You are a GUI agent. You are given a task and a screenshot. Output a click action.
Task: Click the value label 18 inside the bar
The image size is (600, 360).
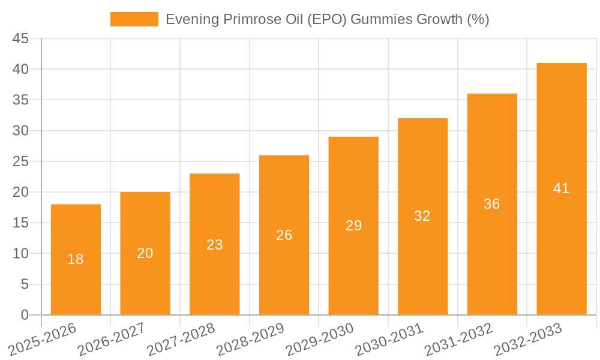coord(76,259)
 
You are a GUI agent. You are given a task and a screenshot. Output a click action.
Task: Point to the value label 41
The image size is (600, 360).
coord(561,188)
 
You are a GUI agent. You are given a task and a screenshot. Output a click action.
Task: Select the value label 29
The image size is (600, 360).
coord(353,226)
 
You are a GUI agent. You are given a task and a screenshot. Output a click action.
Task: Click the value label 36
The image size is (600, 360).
coord(491,204)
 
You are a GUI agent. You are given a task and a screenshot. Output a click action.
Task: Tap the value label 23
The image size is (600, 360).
coord(214,245)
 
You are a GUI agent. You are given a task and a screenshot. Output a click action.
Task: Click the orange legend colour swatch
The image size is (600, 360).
coord(134,19)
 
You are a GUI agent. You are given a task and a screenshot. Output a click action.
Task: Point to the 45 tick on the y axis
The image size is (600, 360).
coord(20,38)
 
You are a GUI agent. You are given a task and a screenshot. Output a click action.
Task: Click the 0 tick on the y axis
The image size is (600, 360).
coord(25,315)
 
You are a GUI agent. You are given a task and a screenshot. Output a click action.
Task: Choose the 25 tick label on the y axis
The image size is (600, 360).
coord(20,161)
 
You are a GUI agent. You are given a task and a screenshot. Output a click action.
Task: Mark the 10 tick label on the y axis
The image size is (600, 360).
coord(20,253)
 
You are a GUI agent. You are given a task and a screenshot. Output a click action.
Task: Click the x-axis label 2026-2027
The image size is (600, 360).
coord(113,340)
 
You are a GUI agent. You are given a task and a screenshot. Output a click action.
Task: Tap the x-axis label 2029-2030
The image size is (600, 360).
coord(320,340)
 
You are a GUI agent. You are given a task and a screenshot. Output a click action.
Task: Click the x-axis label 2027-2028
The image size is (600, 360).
coord(182,340)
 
